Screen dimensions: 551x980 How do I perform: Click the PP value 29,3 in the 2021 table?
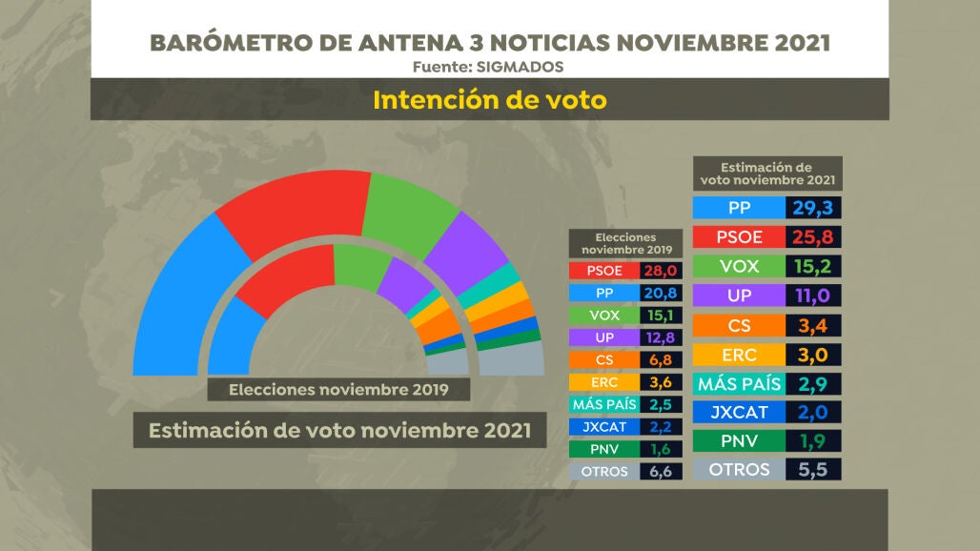[x=814, y=209]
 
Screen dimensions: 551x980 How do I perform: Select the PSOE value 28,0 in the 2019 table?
[x=658, y=271]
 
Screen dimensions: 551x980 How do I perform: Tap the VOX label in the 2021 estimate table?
[x=739, y=266]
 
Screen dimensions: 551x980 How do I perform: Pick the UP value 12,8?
[x=658, y=337]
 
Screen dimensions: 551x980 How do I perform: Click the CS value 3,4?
[x=814, y=325]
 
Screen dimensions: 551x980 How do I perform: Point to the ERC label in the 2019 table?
[x=603, y=382]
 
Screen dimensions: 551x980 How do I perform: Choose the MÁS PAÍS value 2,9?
[x=814, y=384]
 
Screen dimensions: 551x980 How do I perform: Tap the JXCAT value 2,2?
[x=658, y=427]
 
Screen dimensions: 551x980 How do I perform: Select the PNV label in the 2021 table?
[x=739, y=440]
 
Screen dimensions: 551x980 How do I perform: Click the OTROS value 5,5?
[x=814, y=470]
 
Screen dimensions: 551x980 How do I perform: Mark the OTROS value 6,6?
[x=658, y=471]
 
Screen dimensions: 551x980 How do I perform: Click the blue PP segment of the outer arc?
[x=181, y=296]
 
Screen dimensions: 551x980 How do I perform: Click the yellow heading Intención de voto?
[x=489, y=100]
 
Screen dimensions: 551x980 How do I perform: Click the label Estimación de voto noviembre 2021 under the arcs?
[x=338, y=431]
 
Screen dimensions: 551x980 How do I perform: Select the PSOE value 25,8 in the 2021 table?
[x=814, y=236]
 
